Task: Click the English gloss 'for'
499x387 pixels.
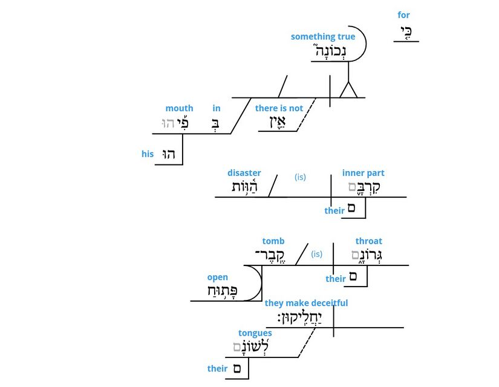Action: (x=403, y=15)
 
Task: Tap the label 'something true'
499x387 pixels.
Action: (x=323, y=37)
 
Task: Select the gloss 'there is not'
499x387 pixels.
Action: (x=279, y=108)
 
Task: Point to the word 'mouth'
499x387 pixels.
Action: (x=179, y=108)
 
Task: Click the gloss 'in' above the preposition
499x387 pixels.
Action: (x=217, y=108)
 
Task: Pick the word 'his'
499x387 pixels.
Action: (x=148, y=154)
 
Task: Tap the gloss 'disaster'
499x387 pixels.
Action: (x=244, y=173)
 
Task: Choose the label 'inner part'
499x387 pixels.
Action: (x=363, y=173)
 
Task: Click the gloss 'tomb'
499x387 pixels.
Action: (x=273, y=241)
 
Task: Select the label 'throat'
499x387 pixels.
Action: (x=368, y=241)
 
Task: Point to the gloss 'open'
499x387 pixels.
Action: (x=218, y=278)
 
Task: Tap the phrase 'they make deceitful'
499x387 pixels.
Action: (x=306, y=303)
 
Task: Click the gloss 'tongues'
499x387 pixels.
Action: (x=255, y=333)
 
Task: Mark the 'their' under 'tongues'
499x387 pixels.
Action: (x=218, y=368)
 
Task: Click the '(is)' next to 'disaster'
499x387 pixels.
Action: (x=301, y=177)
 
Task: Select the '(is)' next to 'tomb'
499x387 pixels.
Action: (x=316, y=254)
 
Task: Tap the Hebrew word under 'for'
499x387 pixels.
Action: (x=406, y=32)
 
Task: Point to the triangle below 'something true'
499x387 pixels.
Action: (x=349, y=91)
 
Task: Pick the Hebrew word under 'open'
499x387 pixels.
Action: (x=222, y=291)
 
